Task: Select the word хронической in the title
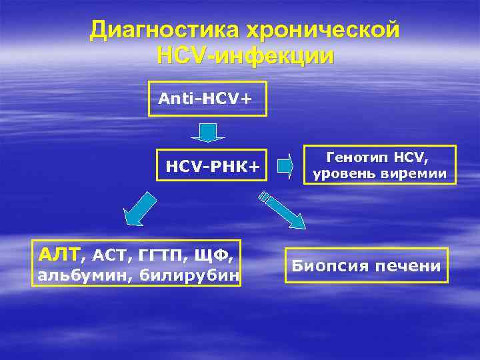[x=323, y=29]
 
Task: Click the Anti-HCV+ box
[x=207, y=99]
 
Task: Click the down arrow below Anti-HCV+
[x=208, y=131]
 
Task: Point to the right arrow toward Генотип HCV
[x=285, y=165]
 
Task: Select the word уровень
[x=343, y=175]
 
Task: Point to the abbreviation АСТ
[x=109, y=255]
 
